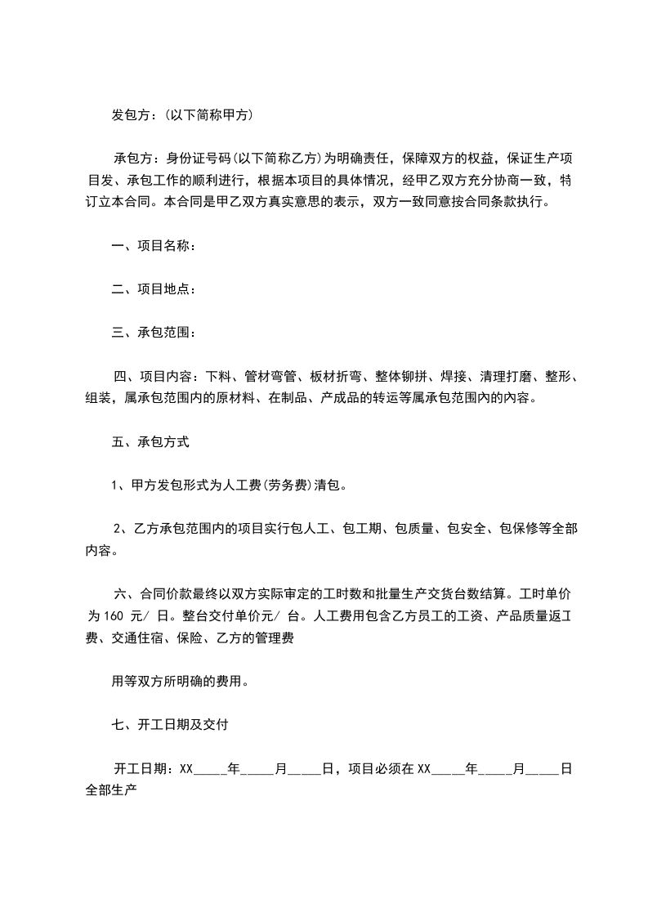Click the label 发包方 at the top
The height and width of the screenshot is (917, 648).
129,115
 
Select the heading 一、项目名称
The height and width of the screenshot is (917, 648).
153,244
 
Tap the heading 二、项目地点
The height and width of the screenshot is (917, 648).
153,289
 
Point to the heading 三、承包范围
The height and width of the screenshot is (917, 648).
153,332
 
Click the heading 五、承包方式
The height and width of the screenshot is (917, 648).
150,442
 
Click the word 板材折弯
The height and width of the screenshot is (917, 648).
335,377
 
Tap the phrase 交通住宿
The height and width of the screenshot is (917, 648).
137,638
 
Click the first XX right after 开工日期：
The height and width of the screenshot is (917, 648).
185,768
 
